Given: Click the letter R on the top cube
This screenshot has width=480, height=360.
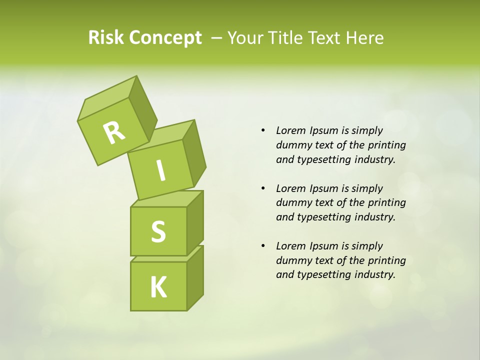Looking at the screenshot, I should (x=114, y=133).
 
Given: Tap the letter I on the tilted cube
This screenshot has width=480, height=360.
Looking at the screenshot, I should (x=161, y=170).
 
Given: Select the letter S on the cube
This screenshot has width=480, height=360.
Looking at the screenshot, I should (x=158, y=232).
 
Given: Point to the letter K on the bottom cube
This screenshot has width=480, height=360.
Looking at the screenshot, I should (x=158, y=287).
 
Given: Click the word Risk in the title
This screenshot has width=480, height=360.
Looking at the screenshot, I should (x=106, y=37).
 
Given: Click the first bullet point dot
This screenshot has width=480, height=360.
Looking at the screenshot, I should (x=263, y=131).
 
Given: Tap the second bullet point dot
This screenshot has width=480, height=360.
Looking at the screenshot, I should (x=263, y=189).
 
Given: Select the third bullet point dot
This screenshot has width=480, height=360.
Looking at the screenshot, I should (x=263, y=246).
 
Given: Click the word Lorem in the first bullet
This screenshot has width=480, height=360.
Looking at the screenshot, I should (x=290, y=130).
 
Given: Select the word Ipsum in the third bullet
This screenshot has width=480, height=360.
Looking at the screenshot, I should (x=323, y=246).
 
